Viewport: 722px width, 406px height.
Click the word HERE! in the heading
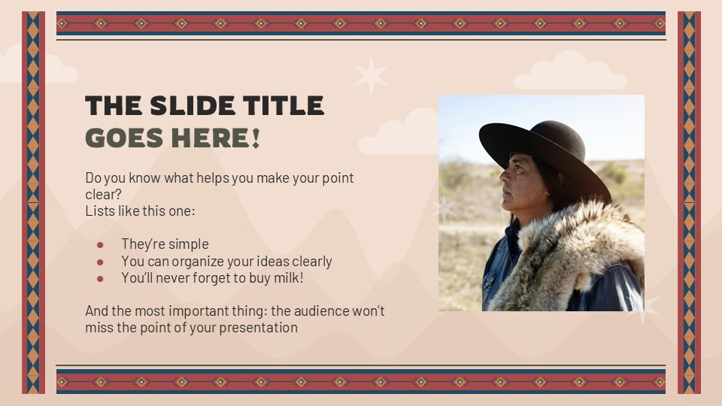tap(221, 138)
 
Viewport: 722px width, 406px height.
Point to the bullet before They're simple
tap(100, 244)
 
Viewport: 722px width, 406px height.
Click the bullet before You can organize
tap(100, 262)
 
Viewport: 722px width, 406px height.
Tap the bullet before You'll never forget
tap(100, 278)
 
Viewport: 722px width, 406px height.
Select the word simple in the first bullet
tap(189, 244)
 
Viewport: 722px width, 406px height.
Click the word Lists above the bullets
tap(99, 211)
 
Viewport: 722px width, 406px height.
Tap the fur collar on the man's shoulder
tap(572, 256)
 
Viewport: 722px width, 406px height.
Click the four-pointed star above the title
tap(371, 75)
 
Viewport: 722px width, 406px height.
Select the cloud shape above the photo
tap(569, 73)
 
